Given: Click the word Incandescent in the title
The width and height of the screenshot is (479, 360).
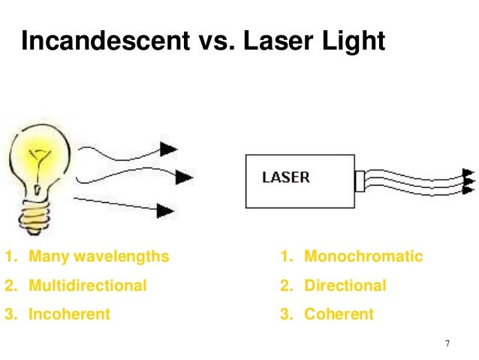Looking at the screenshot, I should coord(102,42).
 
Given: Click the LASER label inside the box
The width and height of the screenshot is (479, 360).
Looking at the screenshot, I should coord(286,178).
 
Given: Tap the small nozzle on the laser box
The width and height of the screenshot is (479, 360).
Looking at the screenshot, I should coord(359,181).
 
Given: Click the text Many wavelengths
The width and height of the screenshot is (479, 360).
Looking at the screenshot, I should coord(98,257).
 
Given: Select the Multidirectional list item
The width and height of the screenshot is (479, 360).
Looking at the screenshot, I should coord(87,286).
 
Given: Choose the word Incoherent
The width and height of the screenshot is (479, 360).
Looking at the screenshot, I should coord(69,314).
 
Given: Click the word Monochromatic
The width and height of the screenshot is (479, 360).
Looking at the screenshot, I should coord(363,257).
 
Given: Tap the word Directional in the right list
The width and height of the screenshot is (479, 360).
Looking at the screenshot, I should coord(345,286).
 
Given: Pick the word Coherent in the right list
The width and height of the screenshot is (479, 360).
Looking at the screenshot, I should coord(338,314).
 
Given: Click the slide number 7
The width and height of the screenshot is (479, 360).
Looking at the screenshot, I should coord(447,344).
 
